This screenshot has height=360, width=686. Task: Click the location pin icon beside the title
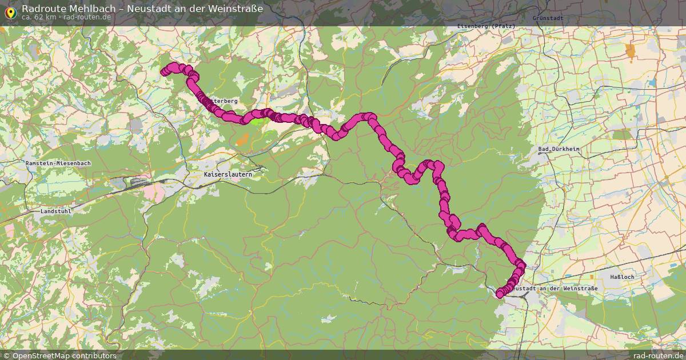(x=10, y=11)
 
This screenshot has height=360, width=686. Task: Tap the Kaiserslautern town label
(x=228, y=174)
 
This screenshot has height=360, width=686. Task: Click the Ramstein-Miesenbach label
(x=58, y=163)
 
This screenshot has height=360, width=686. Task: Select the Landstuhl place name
(x=57, y=211)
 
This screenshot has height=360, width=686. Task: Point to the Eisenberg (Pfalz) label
(x=486, y=26)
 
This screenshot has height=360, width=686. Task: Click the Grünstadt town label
(x=548, y=18)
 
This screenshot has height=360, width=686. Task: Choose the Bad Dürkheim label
(x=559, y=150)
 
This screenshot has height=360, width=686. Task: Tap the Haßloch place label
(x=623, y=277)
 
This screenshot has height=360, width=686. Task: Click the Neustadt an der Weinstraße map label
(x=555, y=289)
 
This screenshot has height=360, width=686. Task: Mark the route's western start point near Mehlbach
(x=164, y=72)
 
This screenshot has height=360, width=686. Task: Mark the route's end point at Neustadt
(x=500, y=294)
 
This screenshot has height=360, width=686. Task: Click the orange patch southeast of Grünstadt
(x=631, y=51)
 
